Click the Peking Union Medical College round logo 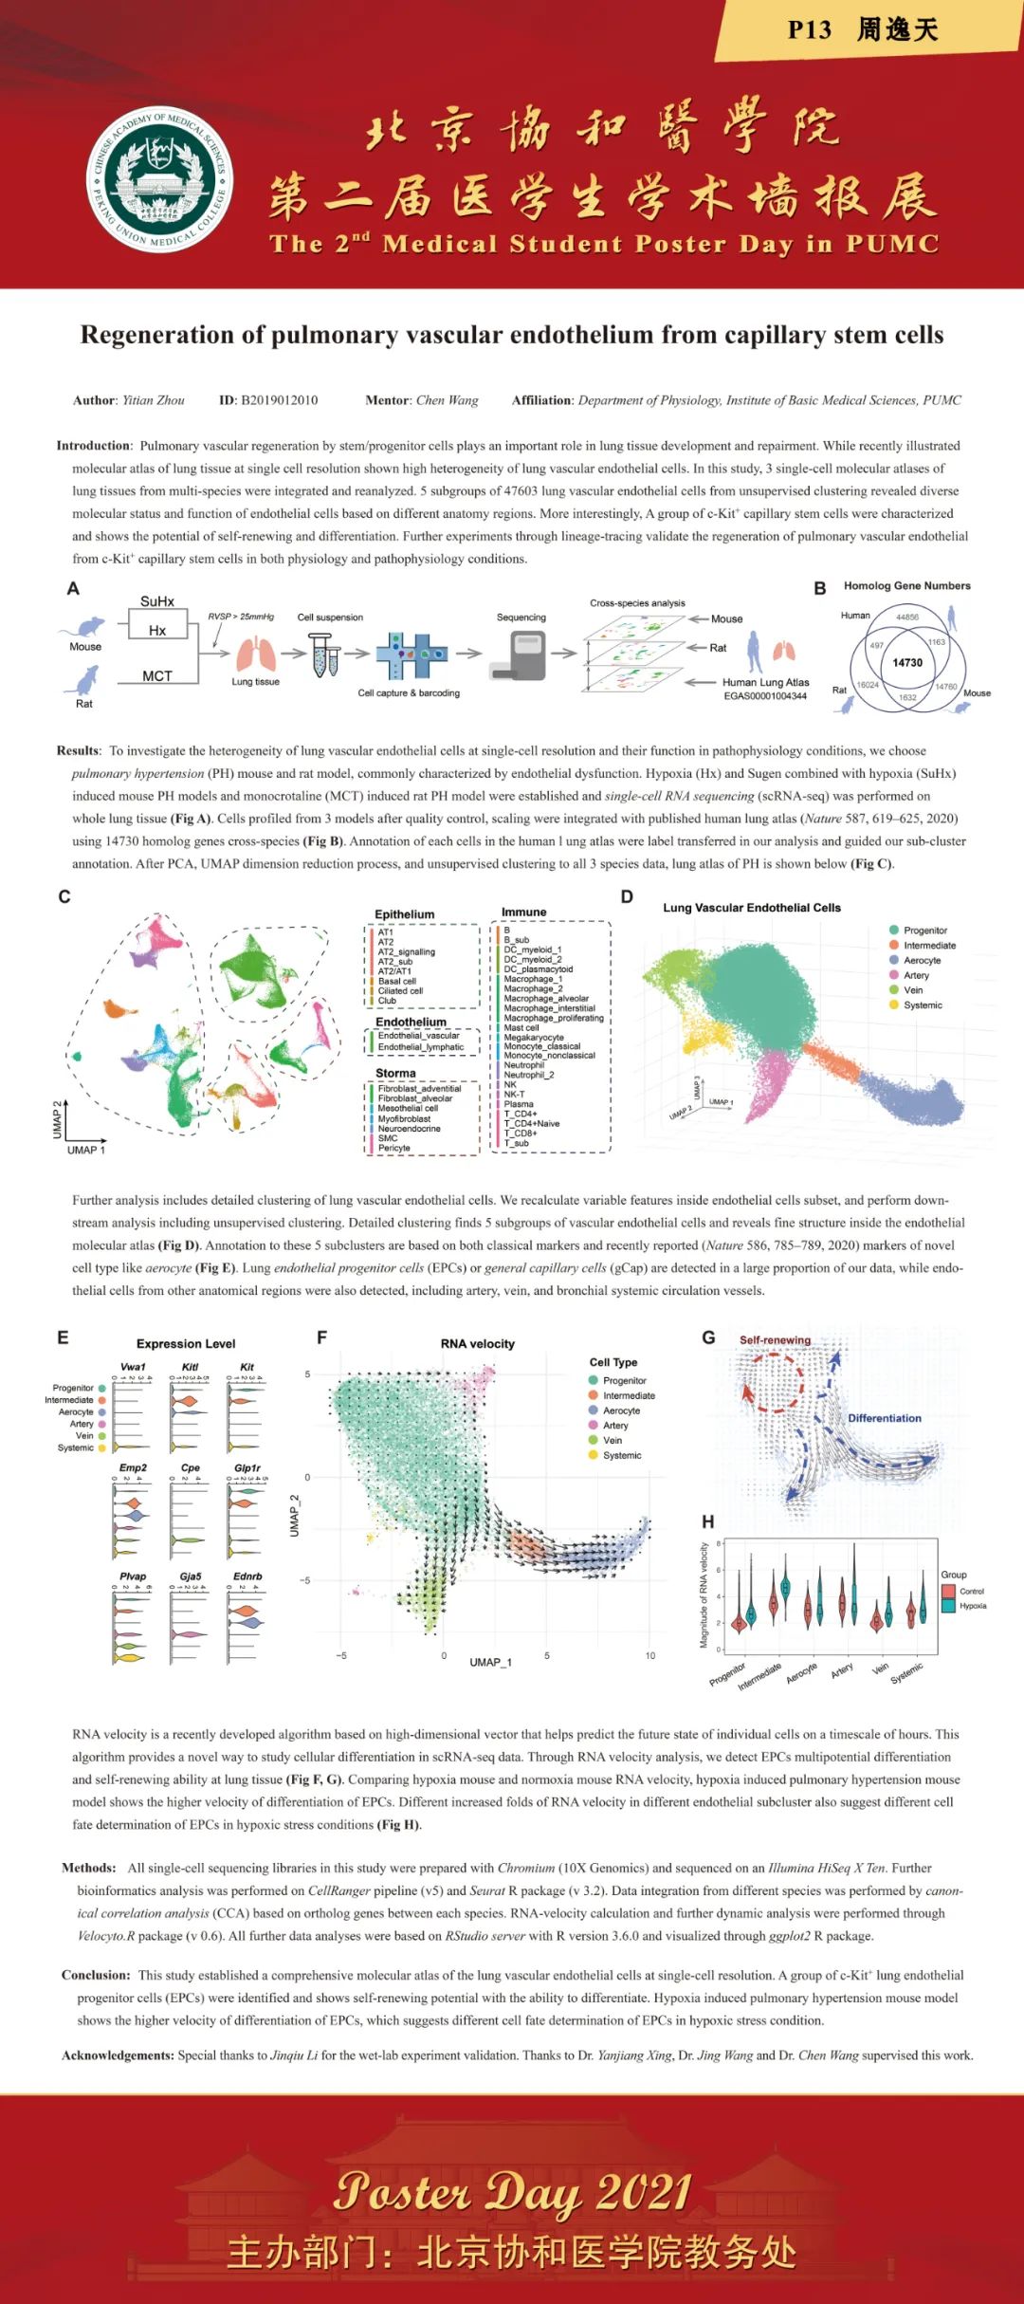click(x=160, y=178)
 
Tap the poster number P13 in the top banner click(x=809, y=30)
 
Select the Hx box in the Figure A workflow click(x=157, y=630)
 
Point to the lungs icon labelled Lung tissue click(x=256, y=654)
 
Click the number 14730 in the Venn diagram click(x=907, y=663)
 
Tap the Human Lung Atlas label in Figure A click(x=765, y=682)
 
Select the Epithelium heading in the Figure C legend click(x=404, y=914)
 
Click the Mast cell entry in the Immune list click(x=521, y=1027)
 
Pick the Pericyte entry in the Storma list click(x=394, y=1148)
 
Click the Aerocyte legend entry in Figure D click(x=922, y=960)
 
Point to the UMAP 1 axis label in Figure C click(x=86, y=1150)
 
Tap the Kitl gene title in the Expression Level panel click(x=190, y=1367)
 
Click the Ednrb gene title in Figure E click(x=247, y=1576)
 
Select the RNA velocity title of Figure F click(x=478, y=1344)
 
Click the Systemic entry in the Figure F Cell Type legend click(x=621, y=1455)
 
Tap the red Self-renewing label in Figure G click(x=775, y=1340)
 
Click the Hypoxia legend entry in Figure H click(x=972, y=1606)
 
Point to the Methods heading click(x=88, y=1868)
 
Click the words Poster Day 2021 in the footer click(x=512, y=2191)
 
